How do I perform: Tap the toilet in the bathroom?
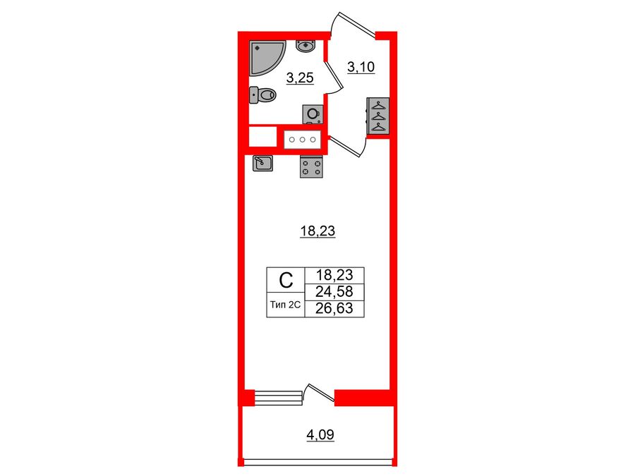(263, 94)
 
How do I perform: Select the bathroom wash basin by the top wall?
(306, 47)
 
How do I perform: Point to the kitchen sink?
(262, 164)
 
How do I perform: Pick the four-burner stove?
(311, 167)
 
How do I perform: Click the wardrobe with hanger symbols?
(379, 115)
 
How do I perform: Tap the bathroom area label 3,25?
(299, 78)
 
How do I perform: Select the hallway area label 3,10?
(362, 68)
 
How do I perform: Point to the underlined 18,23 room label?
(317, 230)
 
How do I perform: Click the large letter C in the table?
(285, 281)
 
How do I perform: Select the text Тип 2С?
(285, 306)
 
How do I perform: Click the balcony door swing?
(318, 394)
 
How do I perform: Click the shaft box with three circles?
(303, 139)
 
